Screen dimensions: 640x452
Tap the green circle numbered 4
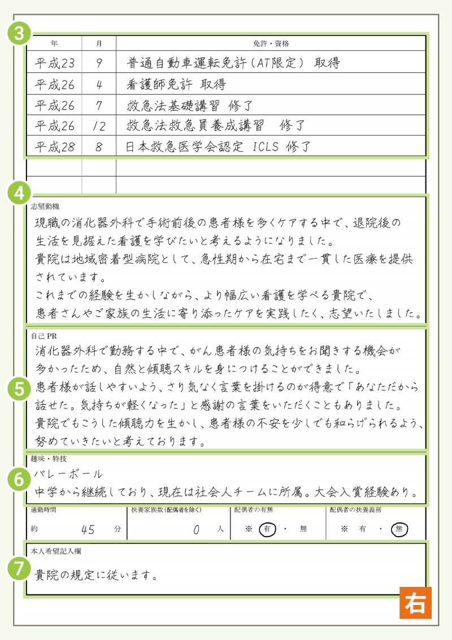pyautogui.click(x=19, y=193)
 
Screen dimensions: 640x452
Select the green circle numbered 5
pyautogui.click(x=19, y=389)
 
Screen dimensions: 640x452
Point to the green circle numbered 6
pyautogui.click(x=19, y=479)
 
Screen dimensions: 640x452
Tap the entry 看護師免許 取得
pyautogui.click(x=176, y=84)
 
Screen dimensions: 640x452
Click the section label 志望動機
pyautogui.click(x=45, y=206)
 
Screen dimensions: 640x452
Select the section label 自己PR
pyautogui.click(x=44, y=335)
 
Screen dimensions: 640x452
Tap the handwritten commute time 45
pyautogui.click(x=88, y=529)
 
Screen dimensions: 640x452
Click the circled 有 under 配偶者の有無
pyautogui.click(x=267, y=529)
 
